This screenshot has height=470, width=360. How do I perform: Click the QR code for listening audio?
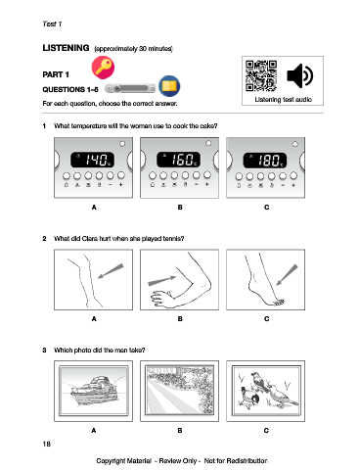(x=261, y=75)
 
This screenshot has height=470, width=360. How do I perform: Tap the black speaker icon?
(x=299, y=75)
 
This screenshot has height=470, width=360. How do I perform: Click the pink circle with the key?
(x=103, y=68)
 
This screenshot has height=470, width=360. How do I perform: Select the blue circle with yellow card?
(x=169, y=86)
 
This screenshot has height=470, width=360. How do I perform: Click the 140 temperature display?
(x=93, y=160)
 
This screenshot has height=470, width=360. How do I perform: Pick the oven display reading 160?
(x=179, y=160)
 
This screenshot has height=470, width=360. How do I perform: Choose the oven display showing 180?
(x=265, y=161)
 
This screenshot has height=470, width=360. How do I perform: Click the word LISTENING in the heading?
(x=66, y=48)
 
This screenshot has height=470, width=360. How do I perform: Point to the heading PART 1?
(x=56, y=74)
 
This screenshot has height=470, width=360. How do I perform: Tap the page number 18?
(x=47, y=444)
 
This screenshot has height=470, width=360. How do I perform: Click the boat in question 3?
(x=94, y=391)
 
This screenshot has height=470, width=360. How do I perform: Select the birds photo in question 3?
(x=266, y=391)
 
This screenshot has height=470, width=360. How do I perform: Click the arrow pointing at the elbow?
(x=162, y=280)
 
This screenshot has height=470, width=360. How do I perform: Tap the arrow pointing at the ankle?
(x=287, y=274)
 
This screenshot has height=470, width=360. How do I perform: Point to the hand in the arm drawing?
(x=162, y=299)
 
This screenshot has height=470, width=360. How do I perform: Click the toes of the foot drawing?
(x=279, y=303)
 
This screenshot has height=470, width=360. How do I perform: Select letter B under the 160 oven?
(x=180, y=208)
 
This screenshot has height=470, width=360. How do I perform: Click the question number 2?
(x=44, y=239)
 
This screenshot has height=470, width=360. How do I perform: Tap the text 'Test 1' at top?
(x=52, y=24)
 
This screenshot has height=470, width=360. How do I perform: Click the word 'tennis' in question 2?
(x=173, y=239)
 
